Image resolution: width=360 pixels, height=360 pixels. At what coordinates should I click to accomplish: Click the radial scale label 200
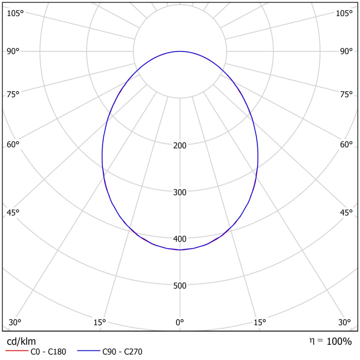(x=180, y=145)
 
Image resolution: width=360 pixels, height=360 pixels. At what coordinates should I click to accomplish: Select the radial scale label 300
(x=180, y=192)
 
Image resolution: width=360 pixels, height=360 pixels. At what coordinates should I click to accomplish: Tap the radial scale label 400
(x=180, y=239)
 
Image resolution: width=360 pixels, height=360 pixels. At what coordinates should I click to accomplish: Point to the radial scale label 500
(x=180, y=285)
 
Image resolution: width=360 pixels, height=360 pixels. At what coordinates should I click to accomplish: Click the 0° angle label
(x=180, y=322)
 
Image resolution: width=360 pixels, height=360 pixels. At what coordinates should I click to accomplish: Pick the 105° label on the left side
(x=16, y=13)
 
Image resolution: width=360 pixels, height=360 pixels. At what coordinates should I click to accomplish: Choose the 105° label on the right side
(x=344, y=13)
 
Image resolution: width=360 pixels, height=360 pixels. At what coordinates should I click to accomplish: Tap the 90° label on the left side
(x=13, y=51)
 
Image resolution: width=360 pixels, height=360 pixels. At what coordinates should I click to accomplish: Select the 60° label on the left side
(x=13, y=144)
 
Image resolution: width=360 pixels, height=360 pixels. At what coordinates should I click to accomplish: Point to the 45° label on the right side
(x=346, y=213)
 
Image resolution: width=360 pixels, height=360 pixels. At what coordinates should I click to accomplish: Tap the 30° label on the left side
(x=15, y=322)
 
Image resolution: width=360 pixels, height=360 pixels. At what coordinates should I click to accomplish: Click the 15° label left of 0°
(x=100, y=322)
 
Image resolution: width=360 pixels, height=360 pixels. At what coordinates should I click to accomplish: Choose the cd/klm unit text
(x=21, y=341)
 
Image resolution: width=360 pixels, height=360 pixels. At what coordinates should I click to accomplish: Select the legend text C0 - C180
(x=48, y=351)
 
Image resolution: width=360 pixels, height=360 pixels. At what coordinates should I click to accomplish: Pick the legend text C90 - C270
(x=122, y=351)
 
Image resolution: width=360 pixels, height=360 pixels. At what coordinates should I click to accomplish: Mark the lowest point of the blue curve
(x=180, y=250)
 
